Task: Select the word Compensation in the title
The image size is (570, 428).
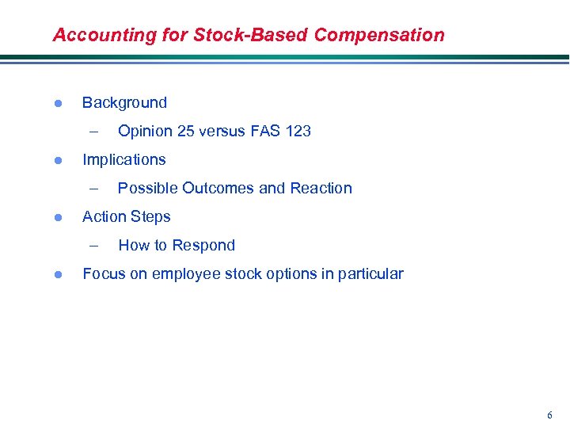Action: pyautogui.click(x=379, y=35)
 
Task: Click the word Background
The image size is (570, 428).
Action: pyautogui.click(x=124, y=102)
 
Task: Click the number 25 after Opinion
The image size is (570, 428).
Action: pyautogui.click(x=187, y=131)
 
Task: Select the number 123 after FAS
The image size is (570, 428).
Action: pyautogui.click(x=298, y=131)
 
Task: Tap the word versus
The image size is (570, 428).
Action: pyautogui.click(x=226, y=131)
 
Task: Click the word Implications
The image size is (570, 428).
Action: pyautogui.click(x=124, y=159)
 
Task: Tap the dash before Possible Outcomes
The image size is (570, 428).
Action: pyautogui.click(x=95, y=188)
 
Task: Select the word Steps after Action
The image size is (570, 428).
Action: pyautogui.click(x=150, y=216)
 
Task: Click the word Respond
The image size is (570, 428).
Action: pyautogui.click(x=205, y=245)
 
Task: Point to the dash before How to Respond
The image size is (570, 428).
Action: pyautogui.click(x=95, y=245)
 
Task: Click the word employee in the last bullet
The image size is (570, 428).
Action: pyautogui.click(x=184, y=274)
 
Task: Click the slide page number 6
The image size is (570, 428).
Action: pyautogui.click(x=549, y=415)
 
